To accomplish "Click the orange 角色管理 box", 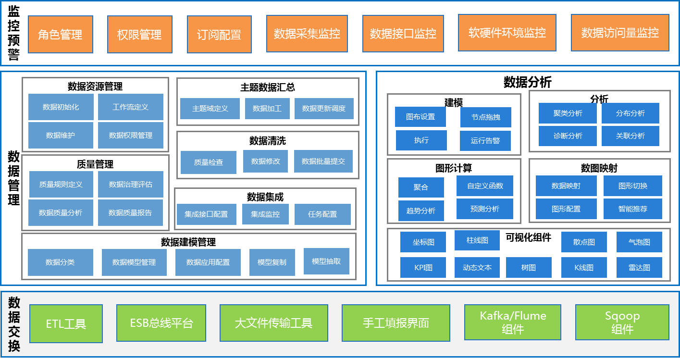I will (x=60, y=34).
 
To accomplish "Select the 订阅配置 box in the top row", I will (x=219, y=34).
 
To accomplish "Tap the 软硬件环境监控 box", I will (x=507, y=33).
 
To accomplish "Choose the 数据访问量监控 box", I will (x=620, y=33).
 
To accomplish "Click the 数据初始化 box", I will (x=61, y=107).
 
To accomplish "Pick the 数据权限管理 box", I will (x=131, y=136).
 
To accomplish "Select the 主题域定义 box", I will (x=210, y=109).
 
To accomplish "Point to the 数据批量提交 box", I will (x=323, y=161).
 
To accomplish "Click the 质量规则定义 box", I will (x=61, y=185).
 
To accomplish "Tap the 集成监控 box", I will (x=265, y=214).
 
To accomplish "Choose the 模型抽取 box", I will (x=326, y=261).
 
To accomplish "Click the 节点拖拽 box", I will (x=485, y=117).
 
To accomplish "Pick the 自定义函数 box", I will (x=485, y=186).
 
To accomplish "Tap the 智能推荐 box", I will (x=633, y=209).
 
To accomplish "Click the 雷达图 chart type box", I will (x=639, y=268).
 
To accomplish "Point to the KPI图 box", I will (x=423, y=268).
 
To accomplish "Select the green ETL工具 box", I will (x=66, y=323).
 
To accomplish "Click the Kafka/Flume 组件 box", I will (x=513, y=323).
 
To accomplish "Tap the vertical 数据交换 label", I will (x=14, y=324).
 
